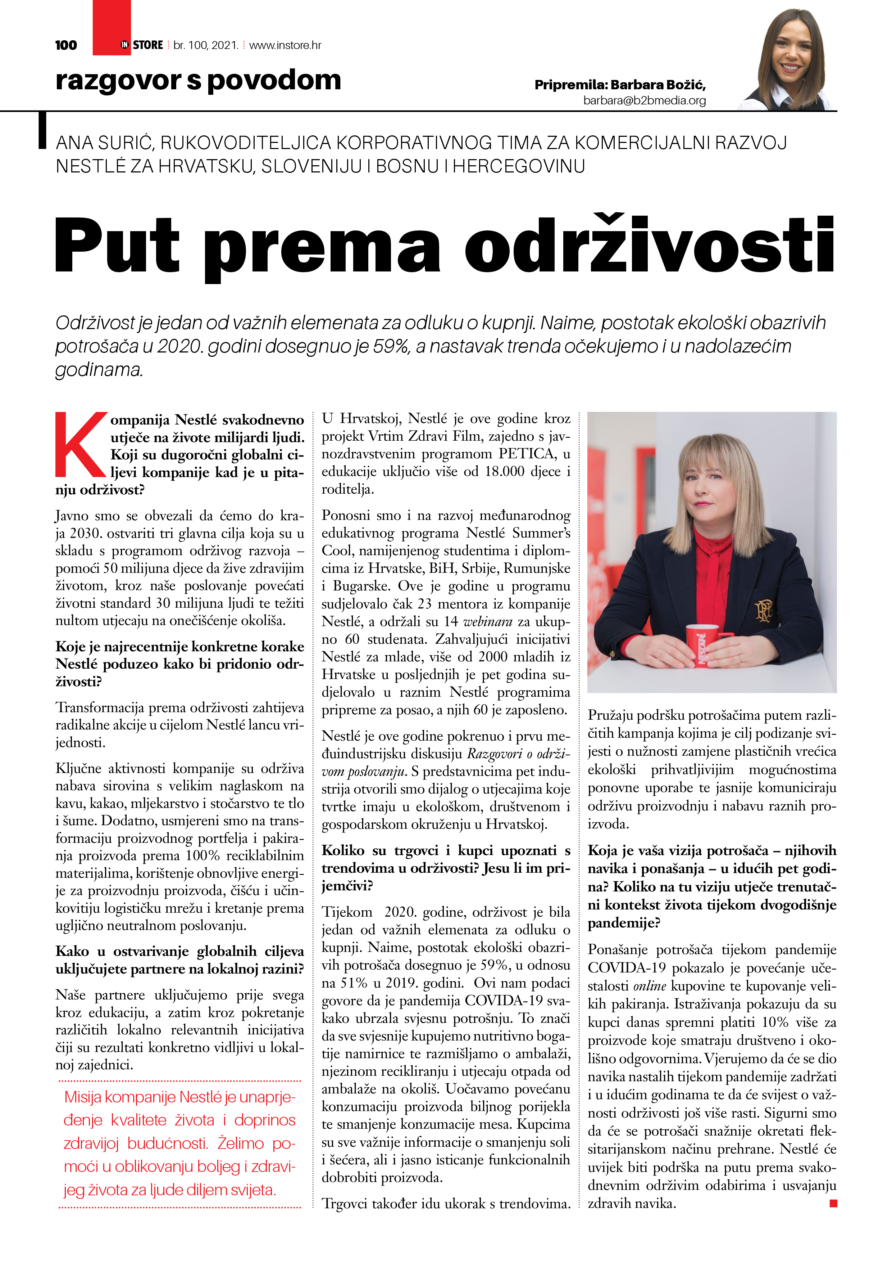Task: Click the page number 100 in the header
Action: coord(66,45)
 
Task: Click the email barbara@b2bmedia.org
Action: coord(644,100)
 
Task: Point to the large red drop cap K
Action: coord(80,445)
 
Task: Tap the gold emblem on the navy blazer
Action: coord(764,610)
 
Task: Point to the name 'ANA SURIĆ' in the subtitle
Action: coord(104,143)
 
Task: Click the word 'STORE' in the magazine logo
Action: coord(148,45)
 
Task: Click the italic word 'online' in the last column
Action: coord(650,986)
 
